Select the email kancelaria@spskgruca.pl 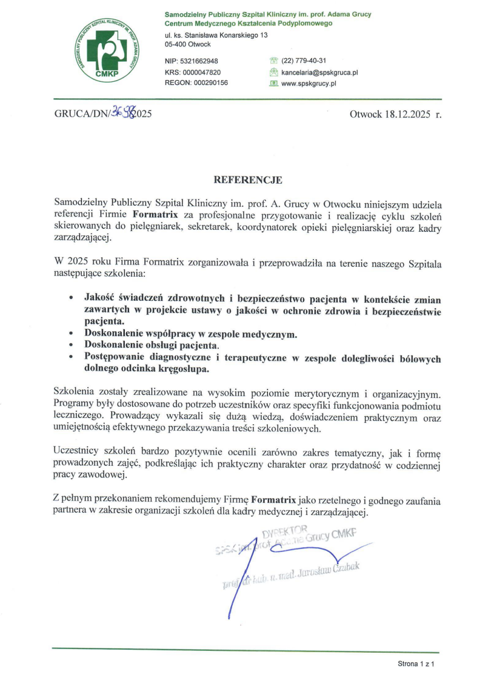tap(319, 72)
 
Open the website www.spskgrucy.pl tap(309, 83)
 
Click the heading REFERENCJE tap(248, 180)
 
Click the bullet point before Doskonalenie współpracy tap(72, 334)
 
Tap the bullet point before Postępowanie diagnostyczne tap(72, 358)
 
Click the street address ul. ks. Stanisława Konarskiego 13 tap(216, 35)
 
